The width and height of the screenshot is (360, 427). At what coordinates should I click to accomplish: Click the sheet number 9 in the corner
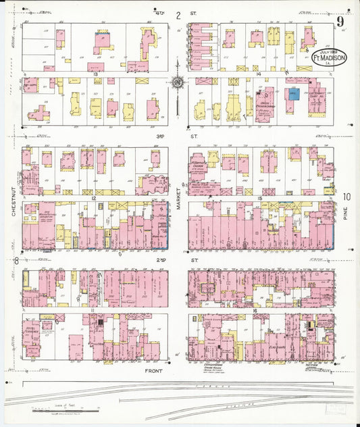[x=341, y=22]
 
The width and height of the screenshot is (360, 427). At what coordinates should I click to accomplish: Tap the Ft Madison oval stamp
[x=330, y=58]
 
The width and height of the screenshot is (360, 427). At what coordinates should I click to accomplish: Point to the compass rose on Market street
[x=178, y=82]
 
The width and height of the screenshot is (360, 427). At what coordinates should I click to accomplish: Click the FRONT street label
[x=155, y=372]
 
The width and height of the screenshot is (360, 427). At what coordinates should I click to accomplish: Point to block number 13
[x=97, y=74]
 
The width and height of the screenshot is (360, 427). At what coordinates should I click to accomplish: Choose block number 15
[x=259, y=198]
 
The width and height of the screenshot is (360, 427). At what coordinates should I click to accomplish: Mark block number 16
[x=256, y=311]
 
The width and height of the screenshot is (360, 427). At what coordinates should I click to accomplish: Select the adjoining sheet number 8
[x=16, y=260]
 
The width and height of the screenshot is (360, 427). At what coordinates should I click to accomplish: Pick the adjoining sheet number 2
[x=178, y=16]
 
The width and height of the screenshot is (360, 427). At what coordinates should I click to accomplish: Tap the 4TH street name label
[x=159, y=12]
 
